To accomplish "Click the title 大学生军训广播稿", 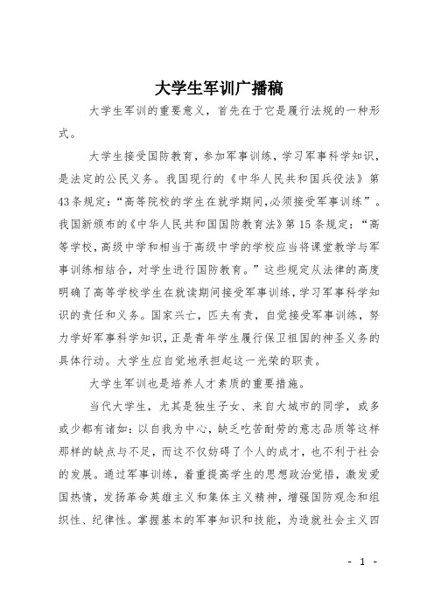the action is [x=216, y=88].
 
